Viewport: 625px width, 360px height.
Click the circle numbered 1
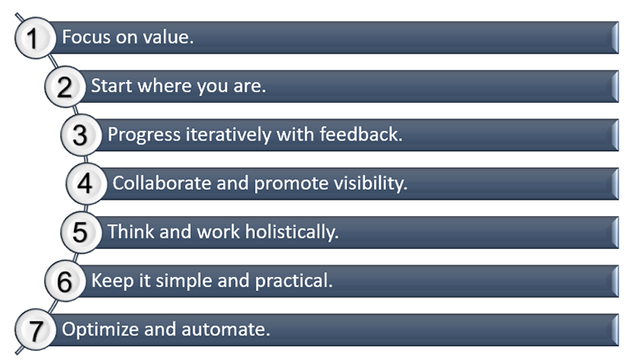tap(34, 38)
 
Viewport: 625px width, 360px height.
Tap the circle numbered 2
tap(62, 86)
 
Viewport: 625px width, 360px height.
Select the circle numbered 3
tap(80, 136)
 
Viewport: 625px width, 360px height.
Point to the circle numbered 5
tap(80, 233)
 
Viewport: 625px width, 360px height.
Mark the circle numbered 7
tap(34, 330)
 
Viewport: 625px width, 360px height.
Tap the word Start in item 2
tap(110, 86)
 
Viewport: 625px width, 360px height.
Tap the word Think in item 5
tap(127, 233)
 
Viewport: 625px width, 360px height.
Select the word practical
tap(294, 281)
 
